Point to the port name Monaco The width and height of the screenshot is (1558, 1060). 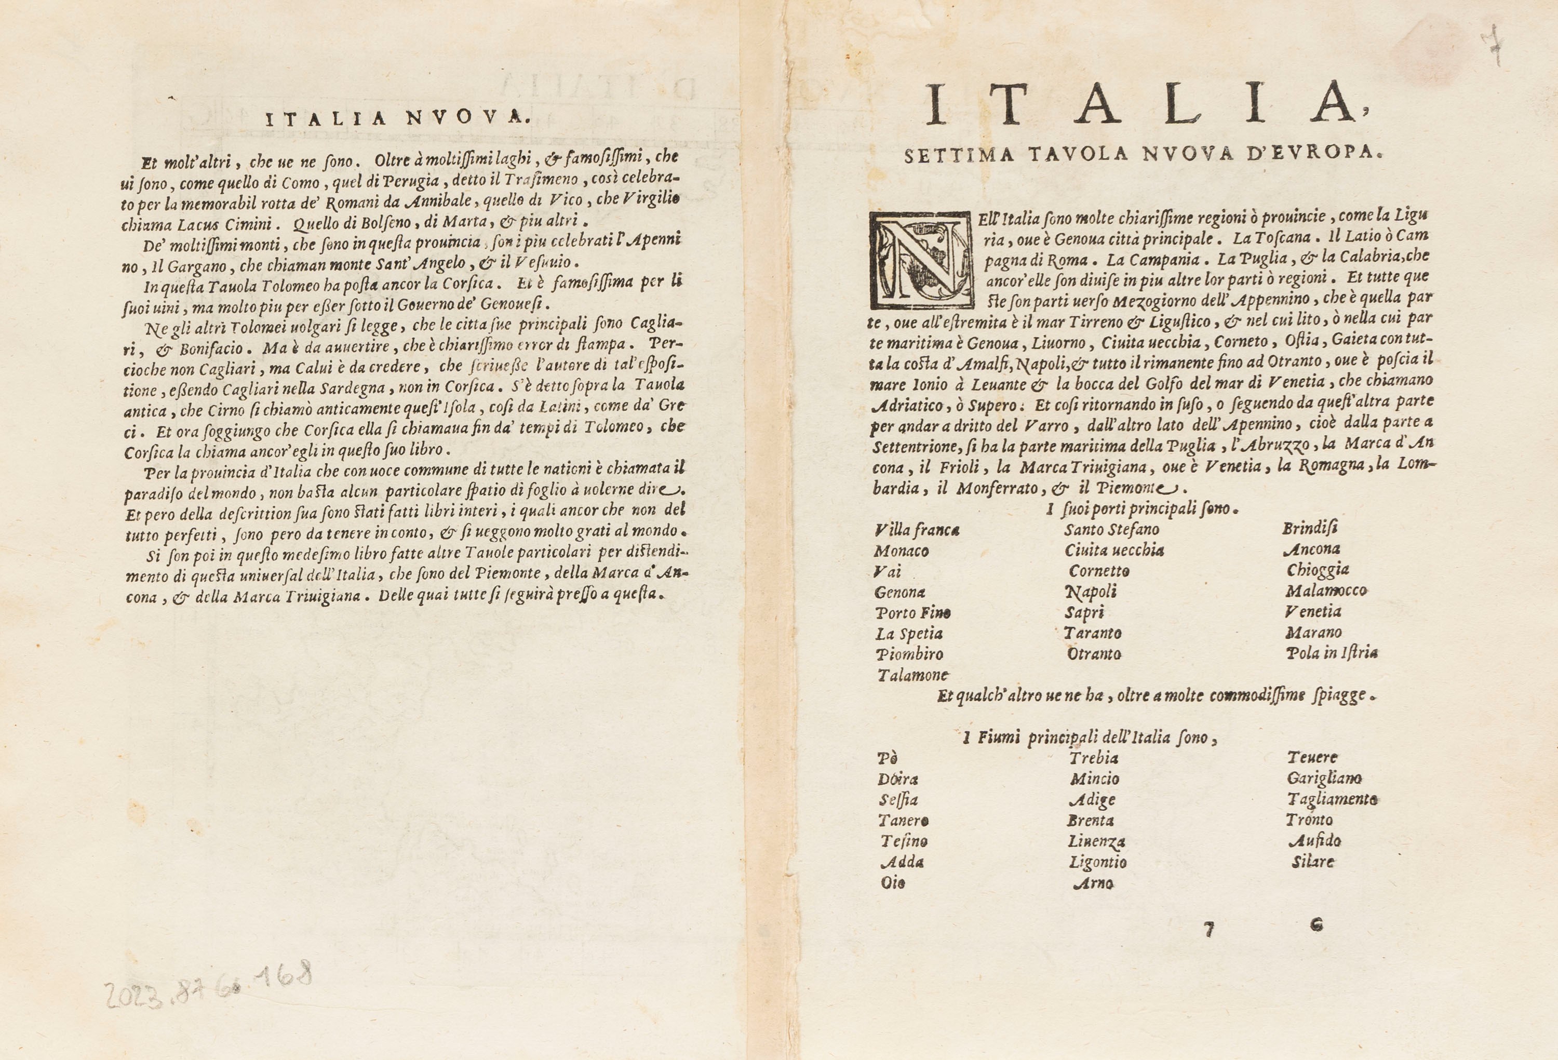(901, 551)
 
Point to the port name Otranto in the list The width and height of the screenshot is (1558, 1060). (1094, 654)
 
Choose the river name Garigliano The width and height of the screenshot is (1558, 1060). (1324, 779)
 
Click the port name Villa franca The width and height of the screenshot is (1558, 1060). (917, 530)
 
